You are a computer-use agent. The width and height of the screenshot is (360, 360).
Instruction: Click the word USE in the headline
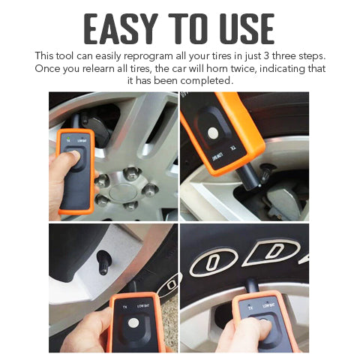(242, 29)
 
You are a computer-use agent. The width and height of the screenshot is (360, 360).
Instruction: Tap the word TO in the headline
(186, 29)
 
